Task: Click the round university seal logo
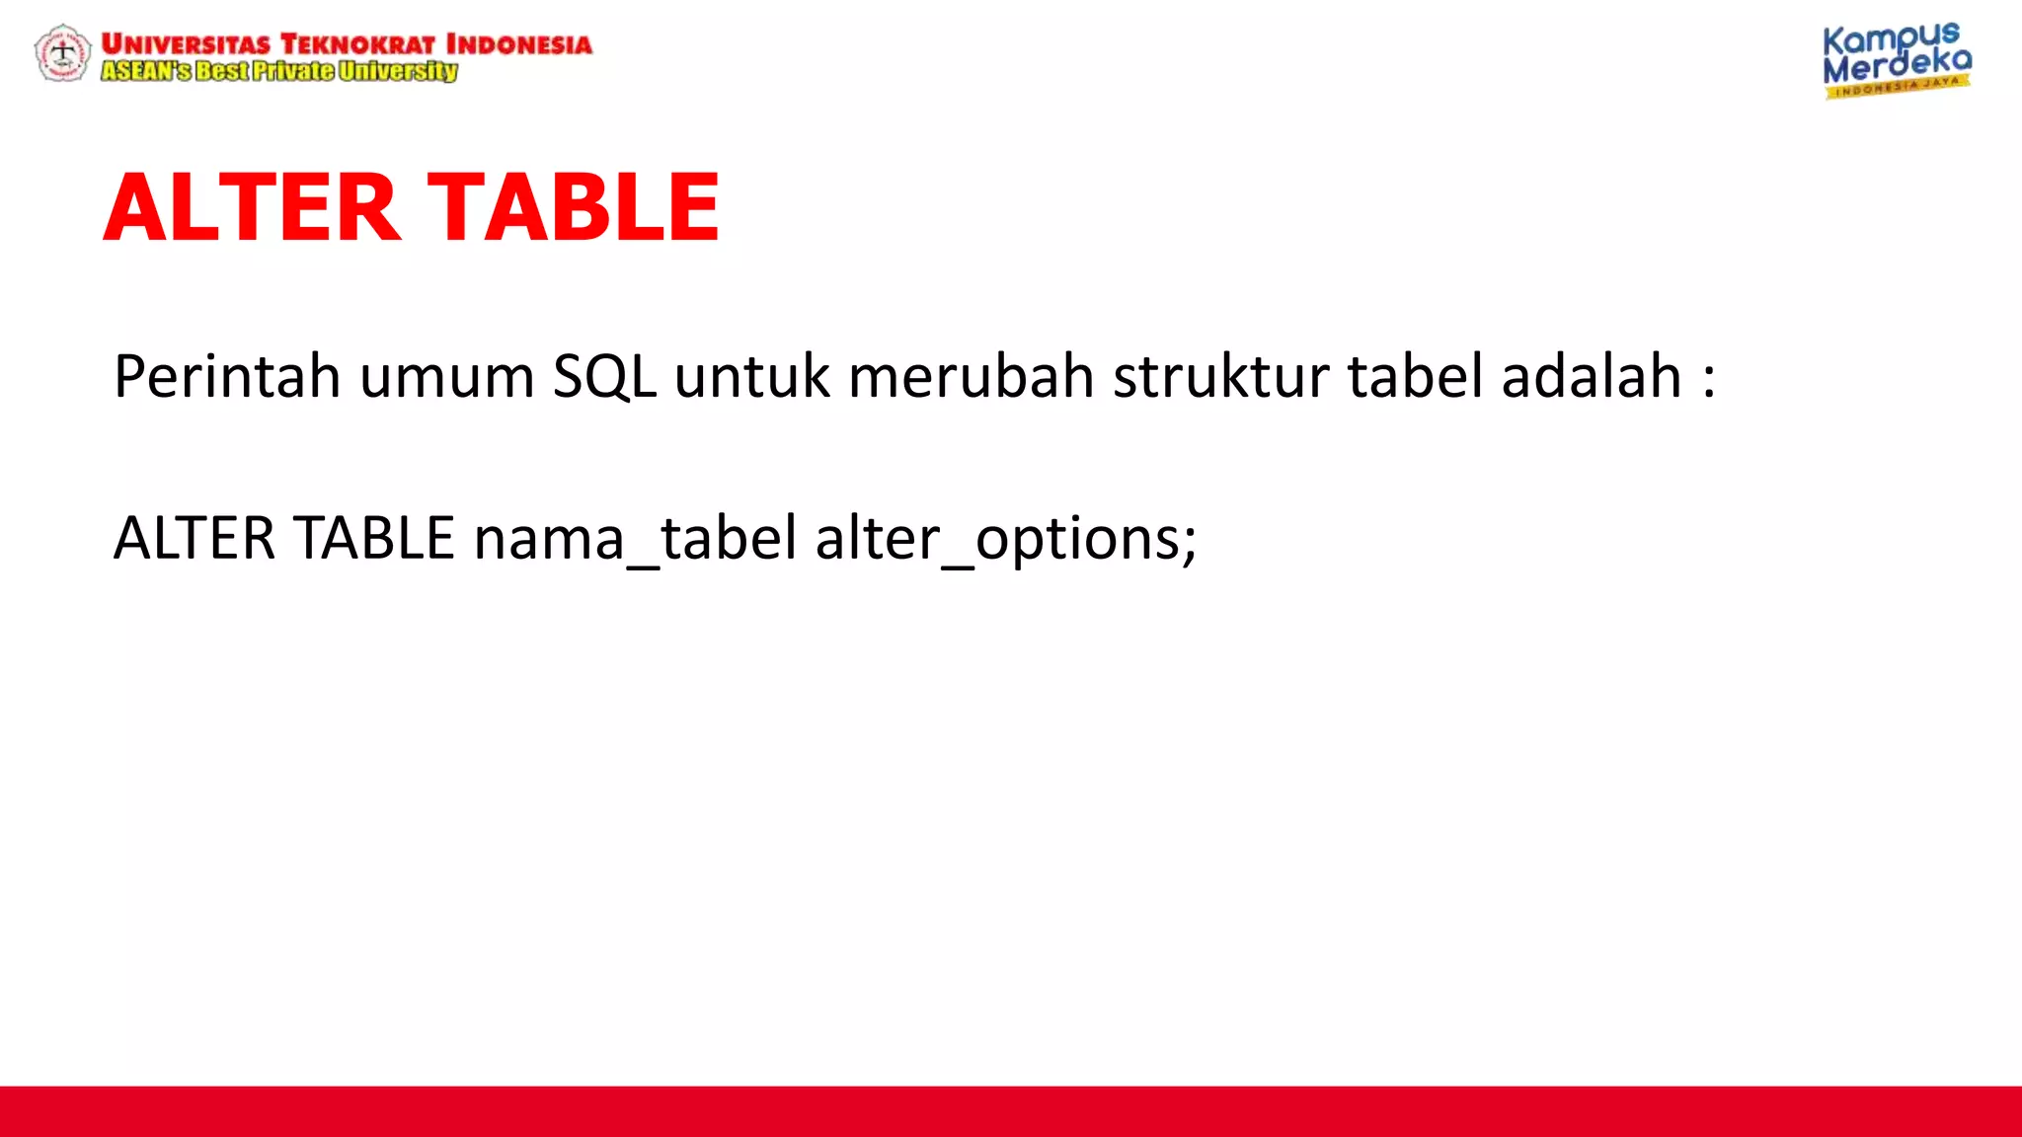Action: click(x=62, y=53)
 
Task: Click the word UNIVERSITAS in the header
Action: click(x=186, y=44)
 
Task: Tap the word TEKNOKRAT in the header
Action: click(x=357, y=44)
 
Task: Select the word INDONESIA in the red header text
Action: click(x=518, y=44)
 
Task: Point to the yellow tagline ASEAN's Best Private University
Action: click(x=279, y=71)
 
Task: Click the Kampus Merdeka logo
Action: click(x=1896, y=60)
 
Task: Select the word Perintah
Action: click(x=227, y=377)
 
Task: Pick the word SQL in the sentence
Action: click(x=604, y=377)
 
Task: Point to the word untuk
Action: click(x=752, y=377)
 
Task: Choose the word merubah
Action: click(x=972, y=377)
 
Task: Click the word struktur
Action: click(x=1221, y=377)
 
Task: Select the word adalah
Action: click(x=1592, y=377)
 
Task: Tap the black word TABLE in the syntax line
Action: click(x=375, y=539)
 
